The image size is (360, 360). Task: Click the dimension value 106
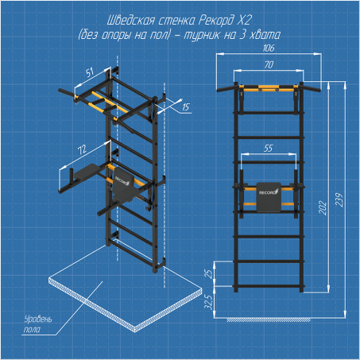click(x=269, y=48)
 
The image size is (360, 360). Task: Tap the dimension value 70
click(x=269, y=64)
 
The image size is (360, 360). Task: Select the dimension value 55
click(x=268, y=149)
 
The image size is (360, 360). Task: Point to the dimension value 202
click(x=323, y=208)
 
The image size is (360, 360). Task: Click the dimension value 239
click(x=339, y=200)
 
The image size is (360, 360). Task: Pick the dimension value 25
click(x=209, y=274)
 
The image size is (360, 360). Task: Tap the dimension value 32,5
click(x=209, y=302)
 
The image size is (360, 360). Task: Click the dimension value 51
click(x=90, y=72)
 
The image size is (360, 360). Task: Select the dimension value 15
click(x=185, y=107)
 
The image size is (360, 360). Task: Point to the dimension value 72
click(x=82, y=149)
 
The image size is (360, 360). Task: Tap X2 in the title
click(x=244, y=20)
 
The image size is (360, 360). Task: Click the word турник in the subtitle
click(x=201, y=35)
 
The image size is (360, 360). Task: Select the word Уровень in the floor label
click(x=38, y=319)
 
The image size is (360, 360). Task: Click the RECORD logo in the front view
click(x=269, y=192)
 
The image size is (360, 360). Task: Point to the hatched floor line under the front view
click(x=269, y=320)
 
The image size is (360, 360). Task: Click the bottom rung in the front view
click(x=269, y=286)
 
